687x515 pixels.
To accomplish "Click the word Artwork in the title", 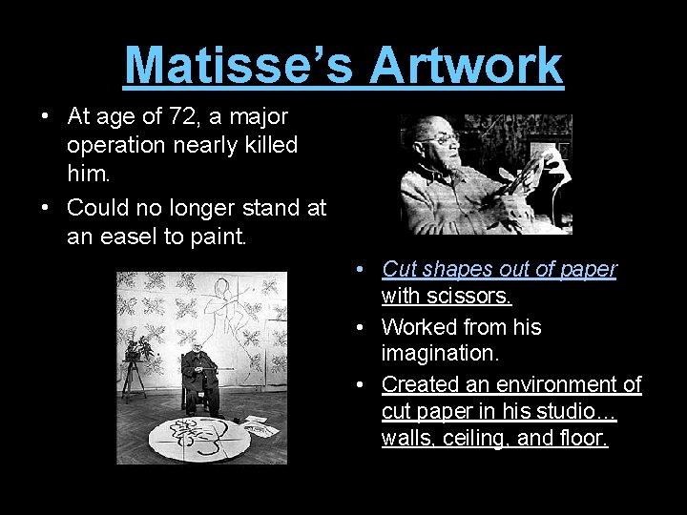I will [466, 65].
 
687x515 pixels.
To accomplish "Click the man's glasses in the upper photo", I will [441, 139].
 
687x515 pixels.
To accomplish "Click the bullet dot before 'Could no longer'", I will [46, 208].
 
